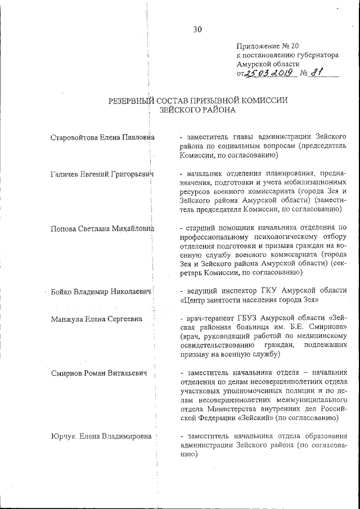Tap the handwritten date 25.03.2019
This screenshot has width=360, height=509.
tap(267, 73)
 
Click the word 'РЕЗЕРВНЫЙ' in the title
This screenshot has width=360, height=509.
tap(133, 100)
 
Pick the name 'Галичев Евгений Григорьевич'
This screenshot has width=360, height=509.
tap(101, 175)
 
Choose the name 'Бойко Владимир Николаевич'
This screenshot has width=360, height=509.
tap(101, 291)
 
